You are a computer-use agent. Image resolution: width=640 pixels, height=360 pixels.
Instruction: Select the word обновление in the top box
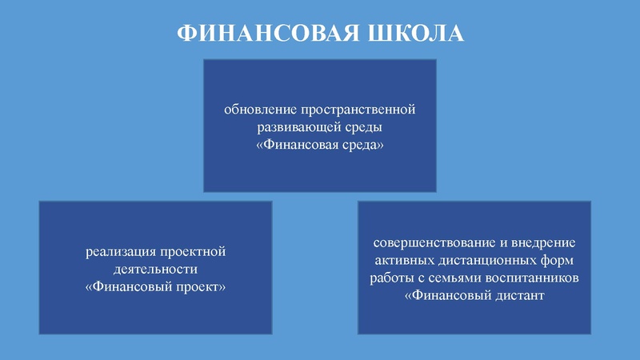click(259, 109)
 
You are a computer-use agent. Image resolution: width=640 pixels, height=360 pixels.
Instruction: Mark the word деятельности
click(156, 270)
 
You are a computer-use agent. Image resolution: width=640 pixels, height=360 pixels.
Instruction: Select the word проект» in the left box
click(204, 287)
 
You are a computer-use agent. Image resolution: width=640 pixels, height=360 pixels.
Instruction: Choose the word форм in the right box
click(562, 261)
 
